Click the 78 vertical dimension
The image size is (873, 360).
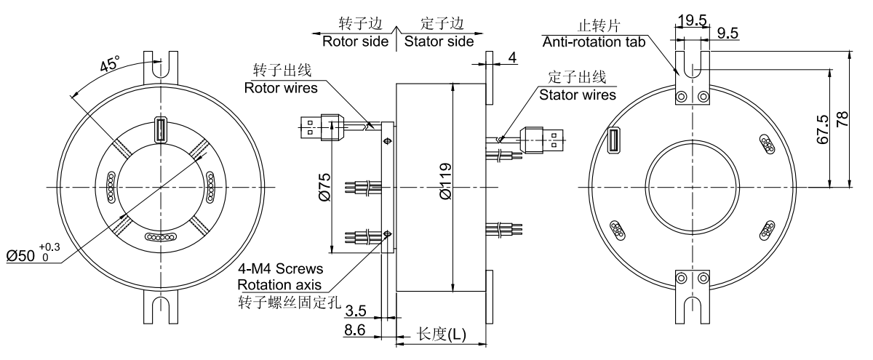(x=842, y=121)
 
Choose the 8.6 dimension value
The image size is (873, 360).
(x=355, y=331)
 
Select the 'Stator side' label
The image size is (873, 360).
(x=439, y=41)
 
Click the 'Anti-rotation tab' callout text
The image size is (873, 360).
(x=594, y=41)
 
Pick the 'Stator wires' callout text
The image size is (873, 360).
(x=577, y=94)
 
